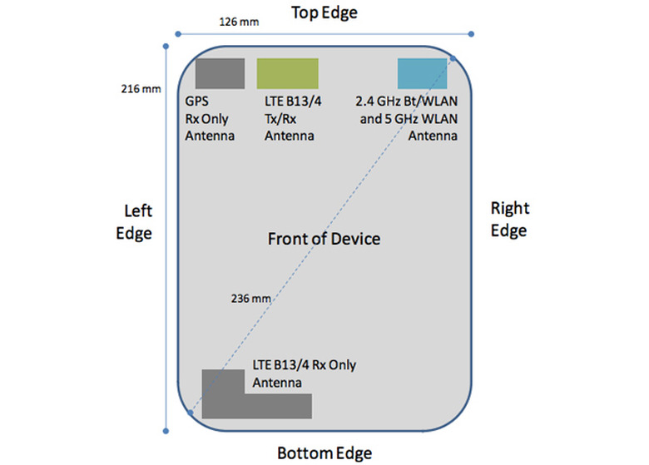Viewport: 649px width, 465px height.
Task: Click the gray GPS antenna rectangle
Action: click(220, 73)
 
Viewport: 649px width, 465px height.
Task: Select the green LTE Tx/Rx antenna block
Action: click(287, 73)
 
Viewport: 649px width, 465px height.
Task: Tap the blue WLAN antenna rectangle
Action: click(423, 73)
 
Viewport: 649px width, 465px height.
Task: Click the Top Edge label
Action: click(324, 12)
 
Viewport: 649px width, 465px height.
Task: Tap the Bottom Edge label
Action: click(324, 453)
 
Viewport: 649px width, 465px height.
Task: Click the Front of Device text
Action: click(324, 239)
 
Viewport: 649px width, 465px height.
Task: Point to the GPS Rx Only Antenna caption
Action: click(210, 121)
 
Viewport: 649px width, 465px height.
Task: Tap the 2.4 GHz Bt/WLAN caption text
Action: click(408, 121)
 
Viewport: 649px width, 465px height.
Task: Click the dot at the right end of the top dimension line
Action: click(472, 35)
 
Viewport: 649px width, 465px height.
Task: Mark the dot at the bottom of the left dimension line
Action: click(166, 431)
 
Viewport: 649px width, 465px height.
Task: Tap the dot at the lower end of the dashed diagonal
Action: click(191, 411)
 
